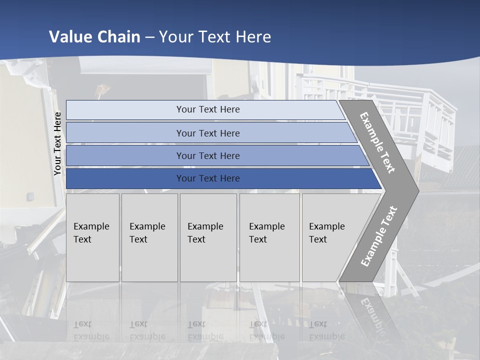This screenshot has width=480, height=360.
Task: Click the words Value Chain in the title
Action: coord(94,37)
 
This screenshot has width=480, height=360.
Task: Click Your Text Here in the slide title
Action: coord(215,37)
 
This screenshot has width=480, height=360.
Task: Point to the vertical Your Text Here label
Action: coord(57,143)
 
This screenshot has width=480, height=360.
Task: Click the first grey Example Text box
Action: coord(92,237)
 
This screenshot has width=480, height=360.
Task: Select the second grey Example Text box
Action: coord(149,237)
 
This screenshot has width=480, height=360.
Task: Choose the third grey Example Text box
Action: coord(208,237)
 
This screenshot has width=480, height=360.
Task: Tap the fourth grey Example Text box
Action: coord(269,237)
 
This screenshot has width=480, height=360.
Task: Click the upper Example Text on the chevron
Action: coord(377,142)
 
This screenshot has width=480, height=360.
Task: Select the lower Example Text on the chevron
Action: coord(379,236)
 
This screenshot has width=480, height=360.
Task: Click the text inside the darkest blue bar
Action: coord(208,178)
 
